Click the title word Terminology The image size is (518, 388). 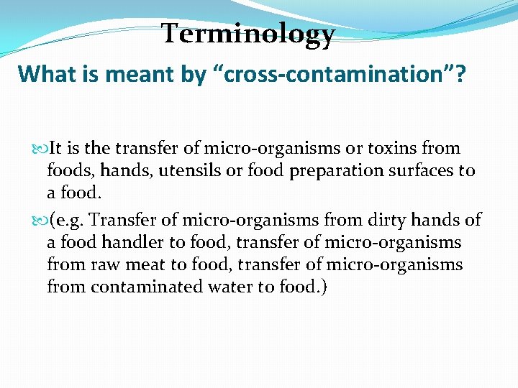click(248, 34)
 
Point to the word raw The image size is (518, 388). click(100, 264)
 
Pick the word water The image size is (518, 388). click(217, 287)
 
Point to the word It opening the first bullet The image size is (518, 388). click(56, 149)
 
